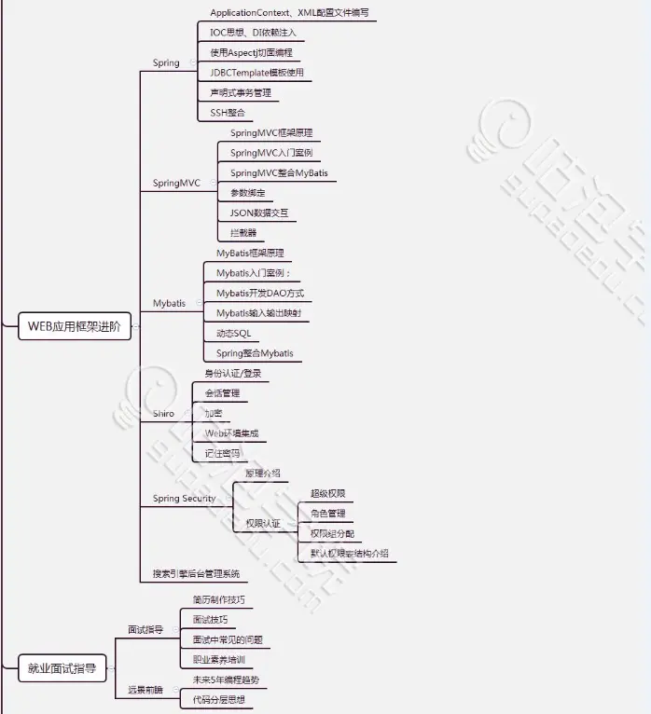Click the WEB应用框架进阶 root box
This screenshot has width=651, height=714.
coord(74,326)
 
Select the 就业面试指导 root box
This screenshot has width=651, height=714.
coord(62,667)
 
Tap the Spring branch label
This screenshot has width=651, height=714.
coord(166,62)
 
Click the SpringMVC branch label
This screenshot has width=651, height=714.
coord(176,183)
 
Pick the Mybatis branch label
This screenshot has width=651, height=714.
coord(169,303)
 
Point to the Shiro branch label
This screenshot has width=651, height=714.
coord(163,413)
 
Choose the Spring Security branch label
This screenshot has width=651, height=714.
coord(184,499)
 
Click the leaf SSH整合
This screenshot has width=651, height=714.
coord(228,112)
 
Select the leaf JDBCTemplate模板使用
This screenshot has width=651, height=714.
coord(256,72)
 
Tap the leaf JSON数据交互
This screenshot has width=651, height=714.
coord(259,213)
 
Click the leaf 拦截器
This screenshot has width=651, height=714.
coord(243,232)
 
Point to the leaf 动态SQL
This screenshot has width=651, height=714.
coord(233,333)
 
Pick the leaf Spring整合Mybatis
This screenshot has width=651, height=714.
coord(255,353)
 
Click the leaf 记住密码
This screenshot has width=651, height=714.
coord(222,453)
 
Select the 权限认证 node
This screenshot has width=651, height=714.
coord(262,523)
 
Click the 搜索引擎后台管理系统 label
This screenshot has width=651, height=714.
coord(196,573)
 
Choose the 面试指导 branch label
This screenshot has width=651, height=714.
coord(145,630)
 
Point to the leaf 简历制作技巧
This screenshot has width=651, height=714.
coord(218,599)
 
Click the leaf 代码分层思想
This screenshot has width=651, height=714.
coord(218,698)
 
